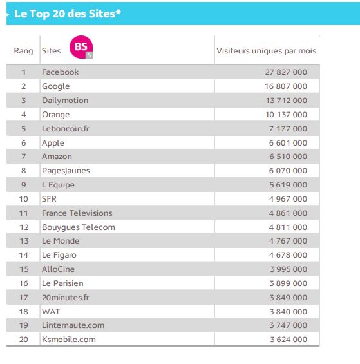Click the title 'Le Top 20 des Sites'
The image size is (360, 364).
[x=68, y=14]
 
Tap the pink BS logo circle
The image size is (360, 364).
[x=81, y=47]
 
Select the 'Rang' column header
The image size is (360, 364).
[x=23, y=51]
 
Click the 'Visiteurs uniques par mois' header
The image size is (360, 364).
[x=266, y=51]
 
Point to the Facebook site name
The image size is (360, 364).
[x=60, y=72]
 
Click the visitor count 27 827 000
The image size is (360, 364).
[x=286, y=72]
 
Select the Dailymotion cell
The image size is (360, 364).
[x=65, y=101]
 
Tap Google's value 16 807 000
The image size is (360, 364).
[x=286, y=86]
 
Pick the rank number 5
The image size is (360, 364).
[x=23, y=129]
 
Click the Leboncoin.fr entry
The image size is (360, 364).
[x=66, y=129]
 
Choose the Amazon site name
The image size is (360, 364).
[x=57, y=157]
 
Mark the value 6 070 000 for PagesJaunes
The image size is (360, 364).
[x=288, y=171]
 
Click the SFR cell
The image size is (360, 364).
[x=49, y=199]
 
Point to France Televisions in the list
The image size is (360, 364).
[x=77, y=213]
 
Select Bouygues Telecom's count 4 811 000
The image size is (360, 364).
[x=288, y=227]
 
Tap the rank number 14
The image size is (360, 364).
[x=23, y=255]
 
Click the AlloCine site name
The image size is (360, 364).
[x=58, y=269]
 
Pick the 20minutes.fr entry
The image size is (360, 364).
[x=66, y=298]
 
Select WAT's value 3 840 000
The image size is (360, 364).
[x=289, y=312]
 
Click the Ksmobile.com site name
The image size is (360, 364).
[x=69, y=340]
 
